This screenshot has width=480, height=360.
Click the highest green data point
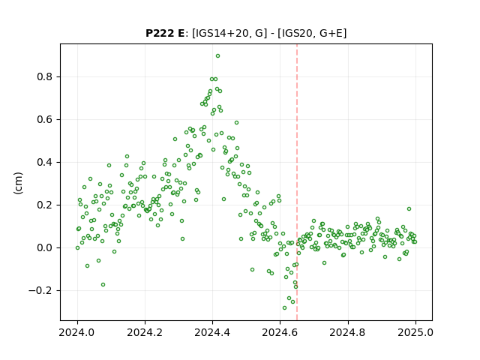point(217,56)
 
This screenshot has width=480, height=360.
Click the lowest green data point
point(284,307)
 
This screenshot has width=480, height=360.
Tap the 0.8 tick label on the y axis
point(44,76)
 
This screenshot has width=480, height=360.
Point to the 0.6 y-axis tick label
point(44,120)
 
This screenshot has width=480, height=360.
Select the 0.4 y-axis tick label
point(44,162)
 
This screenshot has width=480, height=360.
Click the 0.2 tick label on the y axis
point(44,205)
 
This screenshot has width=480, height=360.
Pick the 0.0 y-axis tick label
point(44,247)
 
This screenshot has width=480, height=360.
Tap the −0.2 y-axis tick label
point(40,290)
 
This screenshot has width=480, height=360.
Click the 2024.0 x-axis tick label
point(77,332)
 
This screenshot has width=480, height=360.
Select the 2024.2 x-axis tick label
point(145,332)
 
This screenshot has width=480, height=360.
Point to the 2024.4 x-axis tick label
point(212,332)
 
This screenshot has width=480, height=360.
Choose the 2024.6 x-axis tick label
point(280,332)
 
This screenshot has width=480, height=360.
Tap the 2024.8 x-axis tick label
point(348,332)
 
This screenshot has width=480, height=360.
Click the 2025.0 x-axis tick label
point(415,332)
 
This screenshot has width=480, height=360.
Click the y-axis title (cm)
point(18,183)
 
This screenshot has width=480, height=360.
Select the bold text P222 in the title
point(160,33)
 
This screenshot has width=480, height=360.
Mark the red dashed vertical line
point(297,182)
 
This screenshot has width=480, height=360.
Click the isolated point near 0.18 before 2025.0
point(409,209)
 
